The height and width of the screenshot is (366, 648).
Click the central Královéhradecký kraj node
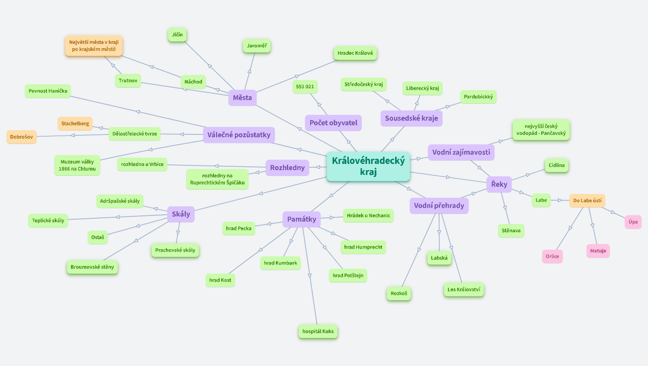[x=368, y=166]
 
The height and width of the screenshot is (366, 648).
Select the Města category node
[x=242, y=98]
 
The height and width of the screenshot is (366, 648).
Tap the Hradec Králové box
[x=355, y=53]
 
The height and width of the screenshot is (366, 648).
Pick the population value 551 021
[x=305, y=87]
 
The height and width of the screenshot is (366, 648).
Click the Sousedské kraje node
[x=411, y=118]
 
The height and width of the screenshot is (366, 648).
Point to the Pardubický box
[x=478, y=97]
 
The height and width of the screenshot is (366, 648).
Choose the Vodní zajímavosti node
[x=461, y=152]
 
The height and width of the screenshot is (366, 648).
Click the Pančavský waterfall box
[x=541, y=130]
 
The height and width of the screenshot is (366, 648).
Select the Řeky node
[x=499, y=184]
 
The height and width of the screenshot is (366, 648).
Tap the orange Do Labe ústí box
[x=587, y=201]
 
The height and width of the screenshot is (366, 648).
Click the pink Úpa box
[x=633, y=222]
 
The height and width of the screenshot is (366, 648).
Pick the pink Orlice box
[x=552, y=256]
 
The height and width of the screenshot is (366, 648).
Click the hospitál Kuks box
[x=318, y=331]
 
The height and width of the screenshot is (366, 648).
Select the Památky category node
[x=302, y=219]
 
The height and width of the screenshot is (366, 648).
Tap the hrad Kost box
[x=220, y=280]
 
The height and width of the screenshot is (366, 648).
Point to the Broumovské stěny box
[x=92, y=267]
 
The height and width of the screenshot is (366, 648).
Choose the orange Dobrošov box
[x=21, y=137]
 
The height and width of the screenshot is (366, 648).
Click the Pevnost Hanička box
[x=48, y=91]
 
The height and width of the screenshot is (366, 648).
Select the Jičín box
[x=177, y=35]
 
